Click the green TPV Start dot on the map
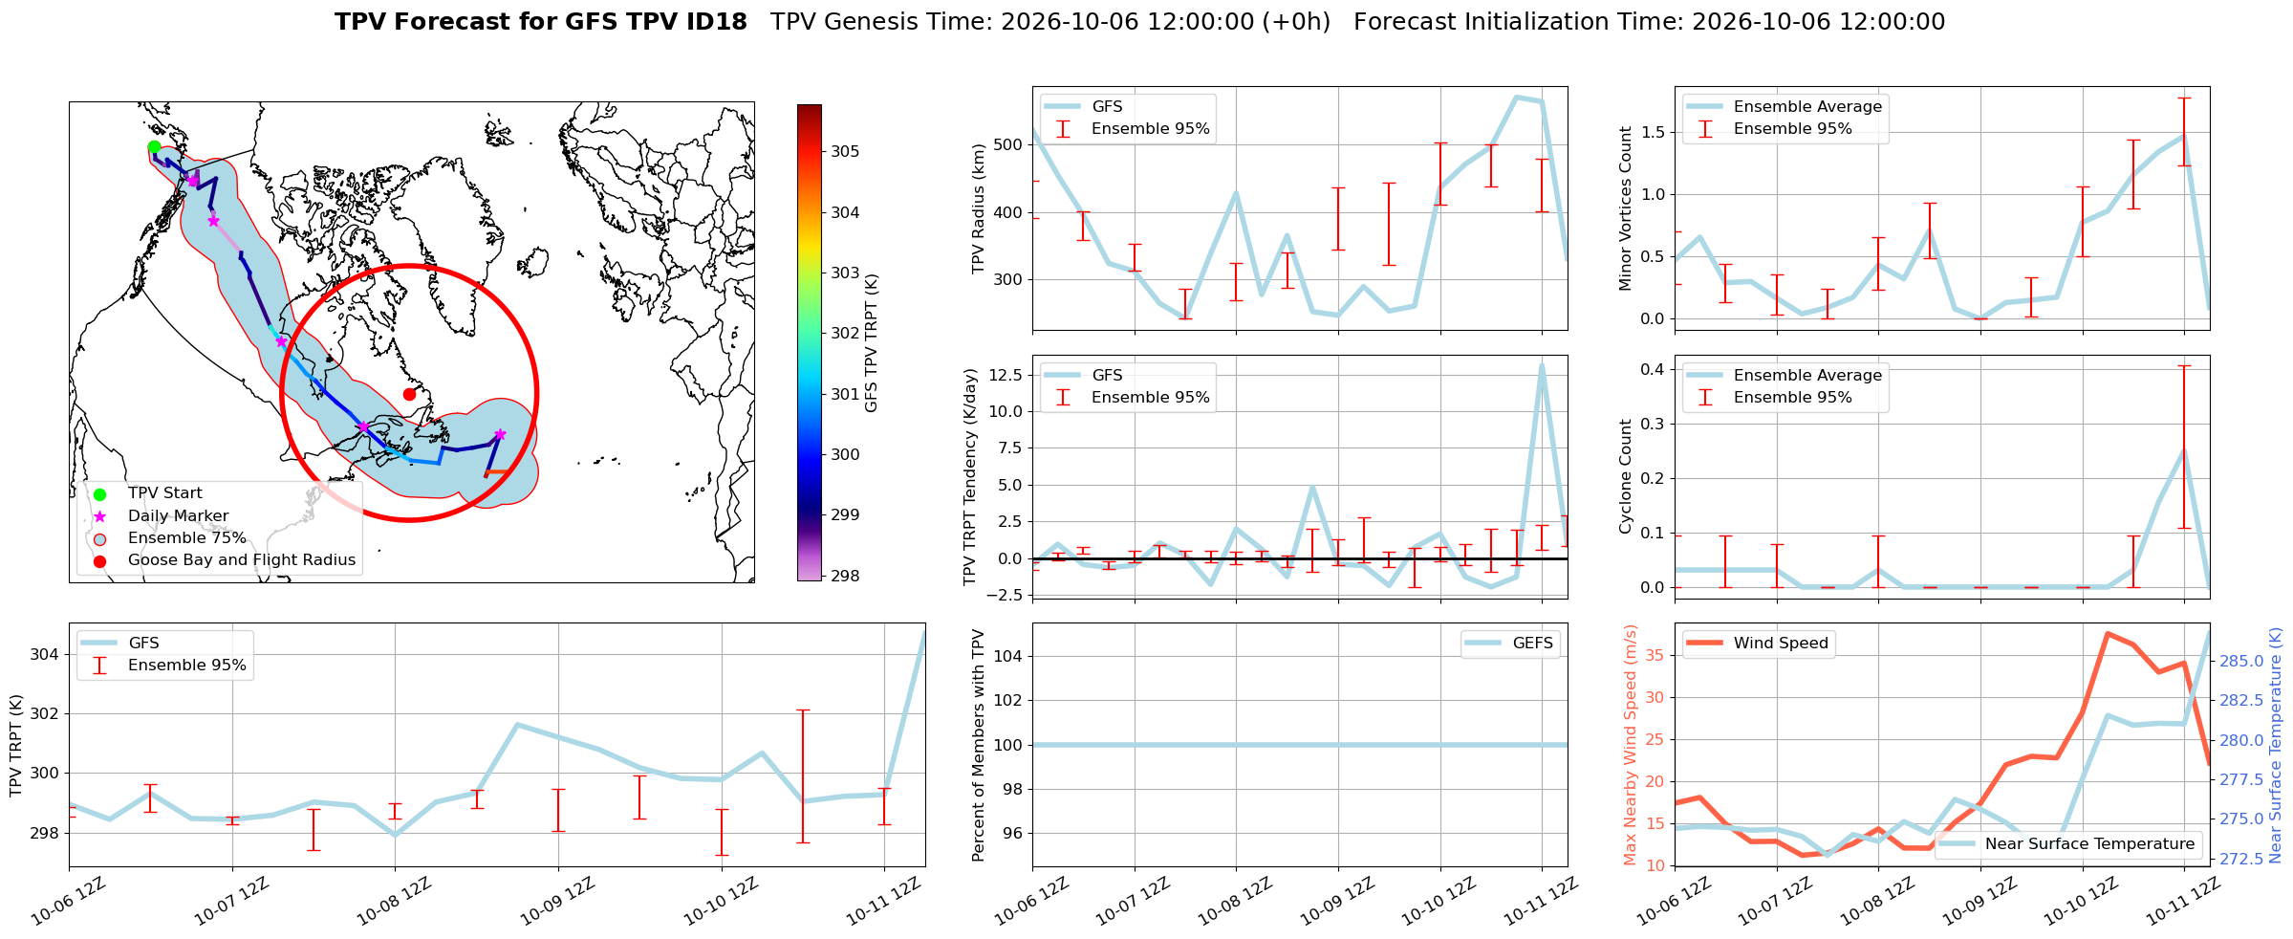point(154,146)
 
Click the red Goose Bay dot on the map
point(409,394)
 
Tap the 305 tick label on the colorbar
point(845,151)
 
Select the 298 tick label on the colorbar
point(845,576)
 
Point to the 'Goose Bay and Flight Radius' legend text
point(242,559)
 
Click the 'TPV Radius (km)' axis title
point(978,208)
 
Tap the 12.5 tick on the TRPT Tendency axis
point(1005,375)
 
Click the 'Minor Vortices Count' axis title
point(1625,208)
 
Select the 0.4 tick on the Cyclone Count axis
point(1653,369)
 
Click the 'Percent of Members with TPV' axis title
point(978,745)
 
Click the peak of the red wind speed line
point(2108,633)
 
